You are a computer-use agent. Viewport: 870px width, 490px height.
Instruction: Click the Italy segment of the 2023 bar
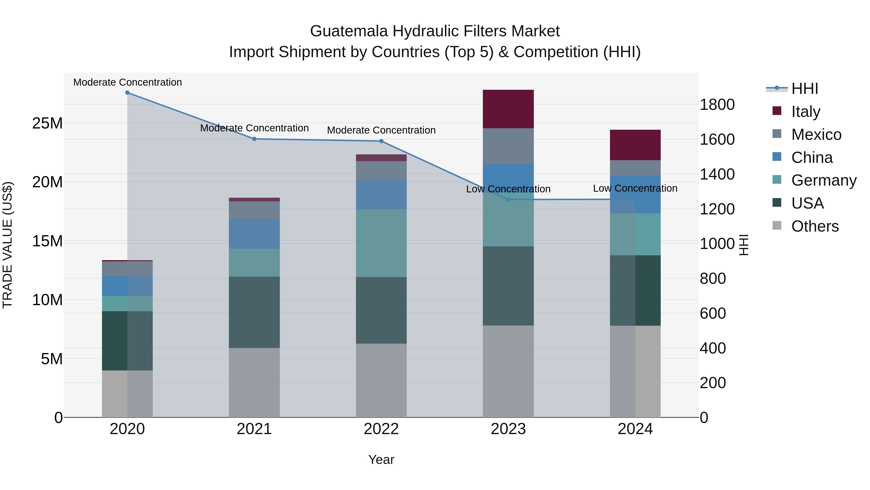pyautogui.click(x=508, y=109)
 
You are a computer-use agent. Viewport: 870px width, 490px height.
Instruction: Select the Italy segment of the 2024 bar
pyautogui.click(x=635, y=145)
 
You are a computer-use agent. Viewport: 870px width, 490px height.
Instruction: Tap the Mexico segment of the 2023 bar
pyautogui.click(x=508, y=146)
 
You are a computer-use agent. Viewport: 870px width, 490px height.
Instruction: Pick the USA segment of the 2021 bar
pyautogui.click(x=254, y=312)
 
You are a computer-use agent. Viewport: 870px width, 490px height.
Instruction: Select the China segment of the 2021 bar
pyautogui.click(x=254, y=234)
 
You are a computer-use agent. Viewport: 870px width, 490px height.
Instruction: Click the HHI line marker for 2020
pyautogui.click(x=127, y=93)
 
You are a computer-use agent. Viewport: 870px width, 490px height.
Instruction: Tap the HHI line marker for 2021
pyautogui.click(x=254, y=139)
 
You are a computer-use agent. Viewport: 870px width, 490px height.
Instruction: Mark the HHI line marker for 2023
pyautogui.click(x=508, y=200)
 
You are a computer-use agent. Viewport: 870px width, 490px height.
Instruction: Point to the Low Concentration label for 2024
pyautogui.click(x=635, y=188)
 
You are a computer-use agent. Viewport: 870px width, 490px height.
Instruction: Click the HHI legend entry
pyautogui.click(x=805, y=89)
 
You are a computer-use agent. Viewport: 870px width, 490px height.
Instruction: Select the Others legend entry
pyautogui.click(x=815, y=226)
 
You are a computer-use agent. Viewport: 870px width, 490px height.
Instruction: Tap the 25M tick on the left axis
pyautogui.click(x=47, y=123)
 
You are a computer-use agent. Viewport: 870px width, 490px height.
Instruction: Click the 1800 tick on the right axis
pyautogui.click(x=717, y=105)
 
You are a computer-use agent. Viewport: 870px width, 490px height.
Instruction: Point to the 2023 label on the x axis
pyautogui.click(x=508, y=429)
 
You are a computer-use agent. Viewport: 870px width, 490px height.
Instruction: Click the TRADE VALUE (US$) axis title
pyautogui.click(x=7, y=245)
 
